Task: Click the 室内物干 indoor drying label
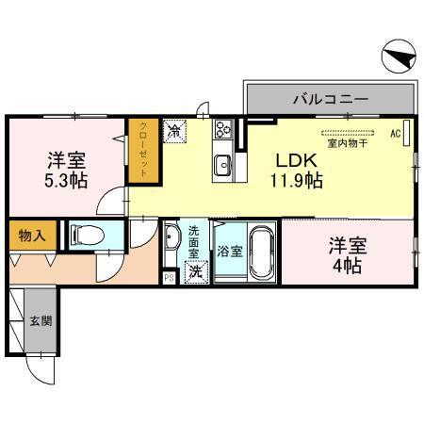click(x=346, y=144)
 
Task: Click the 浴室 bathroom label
click(x=228, y=252)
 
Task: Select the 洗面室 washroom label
click(x=194, y=243)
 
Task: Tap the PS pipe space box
click(x=169, y=277)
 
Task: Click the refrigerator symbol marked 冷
click(x=175, y=131)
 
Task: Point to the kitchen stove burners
click(x=224, y=129)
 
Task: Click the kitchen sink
click(x=224, y=166)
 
